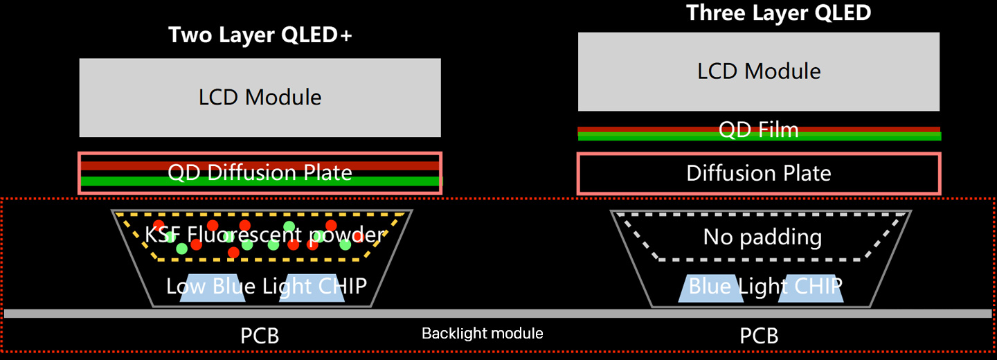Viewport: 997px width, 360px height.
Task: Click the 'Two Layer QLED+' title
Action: [x=260, y=36]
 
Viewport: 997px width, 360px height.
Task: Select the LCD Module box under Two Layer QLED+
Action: [x=260, y=97]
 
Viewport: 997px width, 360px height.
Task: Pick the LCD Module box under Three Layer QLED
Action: [x=759, y=71]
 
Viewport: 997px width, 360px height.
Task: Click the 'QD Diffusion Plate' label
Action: [x=260, y=172]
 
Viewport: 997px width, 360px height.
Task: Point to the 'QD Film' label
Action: [x=759, y=130]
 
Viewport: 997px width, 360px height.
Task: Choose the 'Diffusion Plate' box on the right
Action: [x=759, y=173]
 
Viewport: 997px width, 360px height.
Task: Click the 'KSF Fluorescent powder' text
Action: [x=264, y=235]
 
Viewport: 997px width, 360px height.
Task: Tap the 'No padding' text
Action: [x=762, y=237]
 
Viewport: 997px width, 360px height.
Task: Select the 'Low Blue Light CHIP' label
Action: [x=267, y=286]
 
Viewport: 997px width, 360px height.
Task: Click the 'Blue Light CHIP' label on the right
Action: [x=765, y=286]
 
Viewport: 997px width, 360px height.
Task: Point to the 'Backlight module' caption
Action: [x=483, y=334]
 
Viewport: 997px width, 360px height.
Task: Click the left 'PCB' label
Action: [x=260, y=336]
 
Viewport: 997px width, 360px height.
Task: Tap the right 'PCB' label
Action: [x=760, y=336]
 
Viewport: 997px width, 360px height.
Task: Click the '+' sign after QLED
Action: [x=345, y=36]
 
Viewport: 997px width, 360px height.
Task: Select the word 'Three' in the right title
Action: [x=711, y=12]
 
